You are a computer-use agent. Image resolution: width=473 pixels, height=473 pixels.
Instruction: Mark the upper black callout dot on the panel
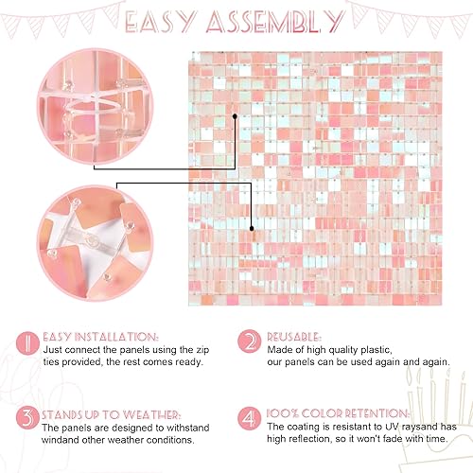[x=236, y=116]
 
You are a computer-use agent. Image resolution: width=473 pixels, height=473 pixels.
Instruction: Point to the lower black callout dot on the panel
[x=250, y=228]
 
